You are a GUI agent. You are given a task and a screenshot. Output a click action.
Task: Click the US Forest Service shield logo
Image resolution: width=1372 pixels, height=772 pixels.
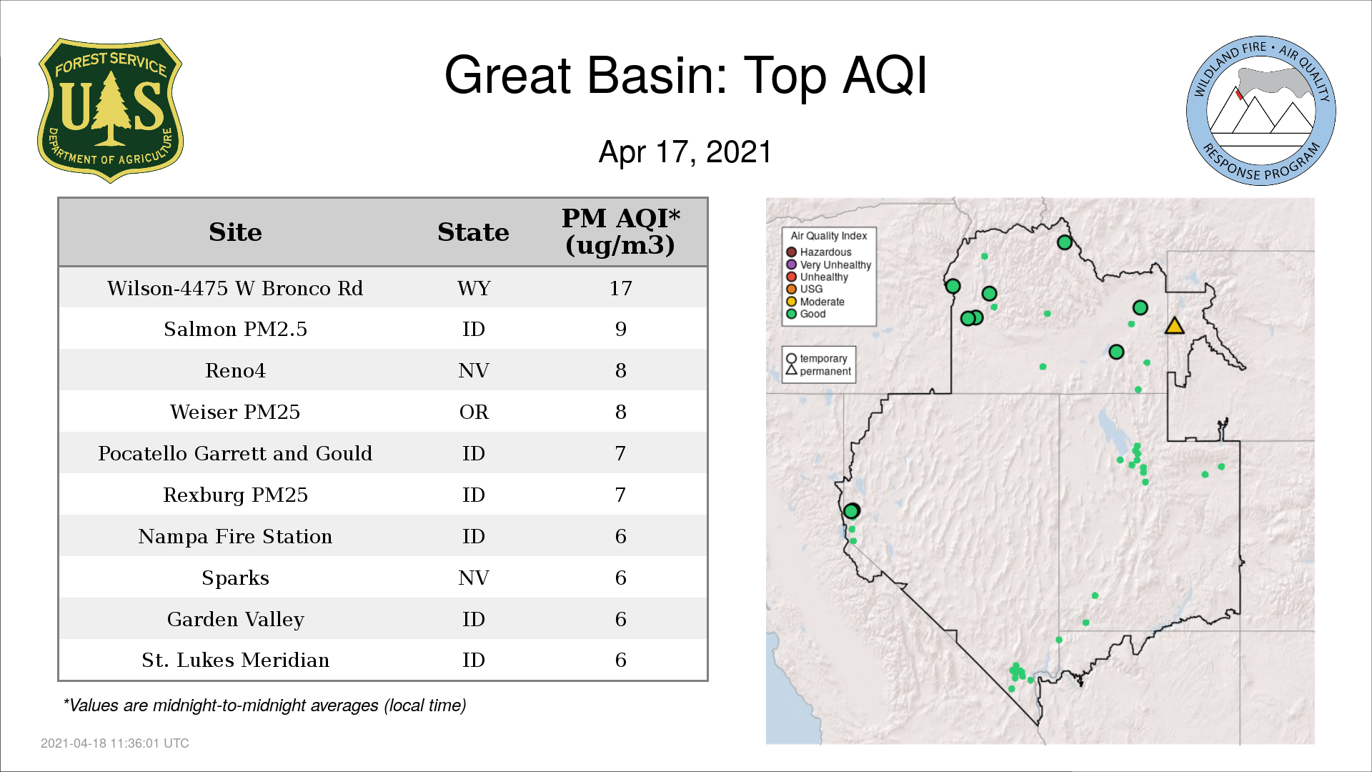click(x=110, y=111)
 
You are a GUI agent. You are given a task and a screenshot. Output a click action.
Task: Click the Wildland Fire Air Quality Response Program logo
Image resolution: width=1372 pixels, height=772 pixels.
click(x=1261, y=111)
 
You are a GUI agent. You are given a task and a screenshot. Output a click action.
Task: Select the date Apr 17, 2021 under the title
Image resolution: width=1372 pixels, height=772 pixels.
click(x=685, y=152)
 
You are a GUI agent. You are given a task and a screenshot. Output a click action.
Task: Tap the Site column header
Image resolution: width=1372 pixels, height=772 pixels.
click(x=235, y=232)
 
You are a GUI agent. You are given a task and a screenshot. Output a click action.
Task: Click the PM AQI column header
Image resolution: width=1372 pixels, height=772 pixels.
click(x=620, y=232)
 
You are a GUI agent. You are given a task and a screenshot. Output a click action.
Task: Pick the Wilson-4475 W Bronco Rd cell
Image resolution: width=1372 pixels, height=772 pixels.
click(x=235, y=288)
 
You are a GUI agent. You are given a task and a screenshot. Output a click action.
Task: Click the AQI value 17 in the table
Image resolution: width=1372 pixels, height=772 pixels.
click(x=620, y=288)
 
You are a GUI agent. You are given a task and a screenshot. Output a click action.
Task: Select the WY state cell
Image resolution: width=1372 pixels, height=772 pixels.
click(x=474, y=288)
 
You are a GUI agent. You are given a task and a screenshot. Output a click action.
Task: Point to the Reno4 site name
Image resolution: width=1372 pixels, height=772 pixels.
click(x=235, y=370)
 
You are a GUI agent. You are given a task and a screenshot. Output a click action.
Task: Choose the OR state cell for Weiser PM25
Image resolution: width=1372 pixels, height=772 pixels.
click(x=474, y=412)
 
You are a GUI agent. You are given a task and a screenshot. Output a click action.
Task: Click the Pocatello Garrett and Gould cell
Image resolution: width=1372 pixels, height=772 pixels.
click(x=235, y=453)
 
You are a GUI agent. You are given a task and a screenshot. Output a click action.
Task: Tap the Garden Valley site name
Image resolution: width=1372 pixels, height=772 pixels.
click(x=235, y=619)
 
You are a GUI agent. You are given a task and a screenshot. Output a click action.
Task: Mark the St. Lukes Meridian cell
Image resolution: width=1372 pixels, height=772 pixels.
click(x=235, y=660)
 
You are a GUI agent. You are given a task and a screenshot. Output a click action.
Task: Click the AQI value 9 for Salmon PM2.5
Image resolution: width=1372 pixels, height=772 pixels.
click(x=620, y=329)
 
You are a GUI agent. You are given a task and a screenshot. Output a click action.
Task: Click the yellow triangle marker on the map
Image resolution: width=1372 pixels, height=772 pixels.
click(x=1174, y=327)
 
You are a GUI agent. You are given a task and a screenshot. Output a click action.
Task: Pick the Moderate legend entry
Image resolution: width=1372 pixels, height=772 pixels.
click(x=815, y=302)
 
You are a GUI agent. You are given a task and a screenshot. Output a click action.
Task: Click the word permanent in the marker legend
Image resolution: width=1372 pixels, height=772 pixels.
click(x=825, y=371)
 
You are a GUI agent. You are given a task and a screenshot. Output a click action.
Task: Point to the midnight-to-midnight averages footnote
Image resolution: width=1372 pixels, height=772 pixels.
click(x=264, y=706)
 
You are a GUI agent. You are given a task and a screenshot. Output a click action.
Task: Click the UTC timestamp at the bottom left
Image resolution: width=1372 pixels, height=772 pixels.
click(x=115, y=743)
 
